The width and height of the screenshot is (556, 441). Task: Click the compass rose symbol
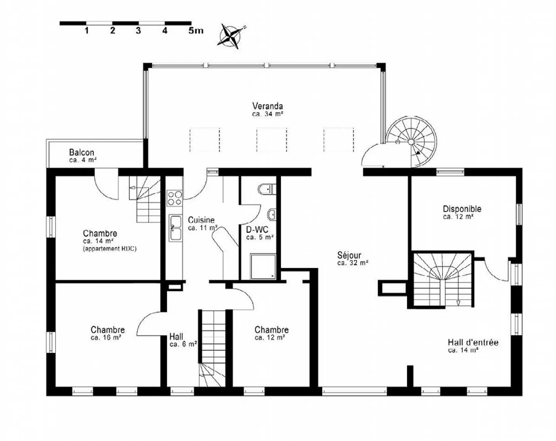tap(231, 36)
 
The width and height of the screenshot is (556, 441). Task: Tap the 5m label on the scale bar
tap(195, 31)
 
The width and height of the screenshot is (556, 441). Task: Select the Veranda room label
tap(267, 106)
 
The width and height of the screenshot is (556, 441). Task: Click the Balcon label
tap(81, 152)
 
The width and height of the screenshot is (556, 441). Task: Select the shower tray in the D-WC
tap(263, 266)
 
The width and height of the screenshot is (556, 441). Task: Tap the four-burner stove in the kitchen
tap(174, 198)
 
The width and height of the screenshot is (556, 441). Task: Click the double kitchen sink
tap(175, 228)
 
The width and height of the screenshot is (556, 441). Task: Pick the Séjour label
tap(349, 255)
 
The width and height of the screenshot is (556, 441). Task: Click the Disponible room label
tap(462, 209)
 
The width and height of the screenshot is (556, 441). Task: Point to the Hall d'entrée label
tap(473, 342)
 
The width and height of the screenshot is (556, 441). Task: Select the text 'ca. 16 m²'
tap(106, 337)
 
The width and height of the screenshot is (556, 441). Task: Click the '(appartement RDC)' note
tap(109, 249)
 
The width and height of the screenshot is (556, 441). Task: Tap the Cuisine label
tap(201, 220)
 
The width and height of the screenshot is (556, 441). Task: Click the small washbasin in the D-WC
tap(272, 214)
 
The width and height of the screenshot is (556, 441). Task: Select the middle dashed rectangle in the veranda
tap(271, 140)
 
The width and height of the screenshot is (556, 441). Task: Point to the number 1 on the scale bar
tap(86, 31)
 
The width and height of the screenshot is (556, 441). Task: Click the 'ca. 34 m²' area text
tap(268, 114)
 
